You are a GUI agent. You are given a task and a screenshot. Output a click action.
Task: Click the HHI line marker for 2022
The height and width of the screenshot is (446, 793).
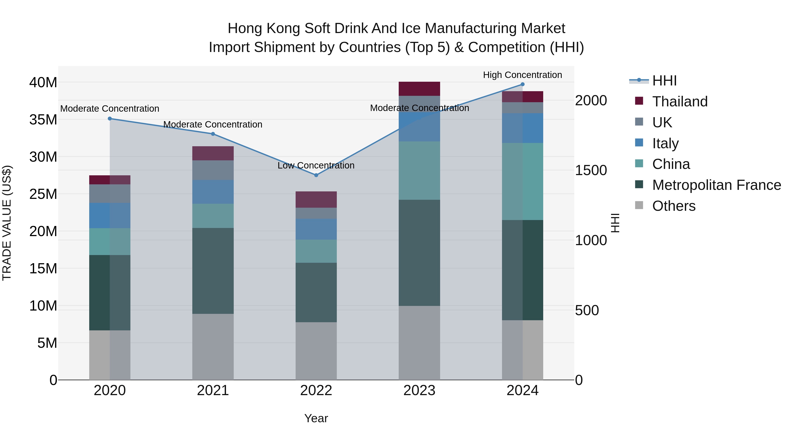[316, 175]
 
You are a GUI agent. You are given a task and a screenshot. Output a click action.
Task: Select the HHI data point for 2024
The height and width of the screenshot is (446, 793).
[522, 84]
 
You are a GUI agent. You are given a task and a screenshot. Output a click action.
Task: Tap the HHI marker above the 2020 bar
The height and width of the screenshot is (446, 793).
[110, 118]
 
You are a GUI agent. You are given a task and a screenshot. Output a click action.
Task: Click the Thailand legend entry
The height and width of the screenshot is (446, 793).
[680, 102]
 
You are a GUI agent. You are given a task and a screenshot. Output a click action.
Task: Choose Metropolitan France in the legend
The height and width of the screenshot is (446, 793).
[716, 185]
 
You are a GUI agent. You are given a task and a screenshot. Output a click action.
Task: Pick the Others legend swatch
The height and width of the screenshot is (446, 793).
[639, 205]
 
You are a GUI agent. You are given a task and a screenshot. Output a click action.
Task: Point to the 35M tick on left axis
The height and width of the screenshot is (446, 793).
[43, 119]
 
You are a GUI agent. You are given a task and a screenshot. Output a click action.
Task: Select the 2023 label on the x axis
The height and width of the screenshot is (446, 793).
[419, 390]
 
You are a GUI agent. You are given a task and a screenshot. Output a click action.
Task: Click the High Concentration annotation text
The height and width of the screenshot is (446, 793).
[522, 75]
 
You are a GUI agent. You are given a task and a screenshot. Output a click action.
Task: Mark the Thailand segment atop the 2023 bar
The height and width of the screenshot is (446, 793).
[419, 89]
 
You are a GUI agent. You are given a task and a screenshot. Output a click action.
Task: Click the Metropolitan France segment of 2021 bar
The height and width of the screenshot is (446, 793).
[213, 271]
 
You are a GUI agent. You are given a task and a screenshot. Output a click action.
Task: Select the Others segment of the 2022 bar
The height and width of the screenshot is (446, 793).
[316, 351]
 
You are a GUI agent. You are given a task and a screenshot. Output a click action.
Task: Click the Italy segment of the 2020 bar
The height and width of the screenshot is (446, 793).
[110, 215]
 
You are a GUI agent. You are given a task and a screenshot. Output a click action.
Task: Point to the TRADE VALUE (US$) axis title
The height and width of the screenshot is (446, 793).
[7, 223]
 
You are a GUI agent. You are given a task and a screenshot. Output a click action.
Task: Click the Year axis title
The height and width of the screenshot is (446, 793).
[316, 418]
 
